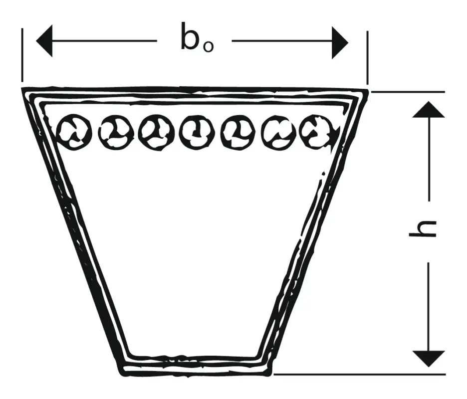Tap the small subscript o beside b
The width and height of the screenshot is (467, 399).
pyautogui.click(x=208, y=47)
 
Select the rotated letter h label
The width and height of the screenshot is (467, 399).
pyautogui.click(x=422, y=229)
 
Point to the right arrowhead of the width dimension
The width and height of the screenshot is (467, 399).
pyautogui.click(x=340, y=43)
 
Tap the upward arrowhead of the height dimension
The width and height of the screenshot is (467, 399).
pyautogui.click(x=429, y=109)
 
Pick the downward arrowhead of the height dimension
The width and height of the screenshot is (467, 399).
pyautogui.click(x=429, y=359)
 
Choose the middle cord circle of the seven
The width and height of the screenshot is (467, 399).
pyautogui.click(x=197, y=132)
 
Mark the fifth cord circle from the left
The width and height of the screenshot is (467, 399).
pyautogui.click(x=238, y=131)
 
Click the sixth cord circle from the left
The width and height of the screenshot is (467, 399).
pyautogui.click(x=279, y=132)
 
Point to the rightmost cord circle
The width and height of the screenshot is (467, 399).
pyautogui.click(x=319, y=131)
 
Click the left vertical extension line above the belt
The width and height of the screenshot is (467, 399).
pyautogui.click(x=22, y=55)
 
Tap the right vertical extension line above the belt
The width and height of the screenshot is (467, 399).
pyautogui.click(x=367, y=58)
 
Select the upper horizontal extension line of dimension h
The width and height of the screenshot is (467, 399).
pyautogui.click(x=408, y=92)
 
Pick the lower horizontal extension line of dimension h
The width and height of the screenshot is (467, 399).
pyautogui.click(x=360, y=374)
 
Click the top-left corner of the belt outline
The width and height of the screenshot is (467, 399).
pyautogui.click(x=22, y=89)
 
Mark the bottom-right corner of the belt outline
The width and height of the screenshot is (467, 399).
pyautogui.click(x=270, y=373)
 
